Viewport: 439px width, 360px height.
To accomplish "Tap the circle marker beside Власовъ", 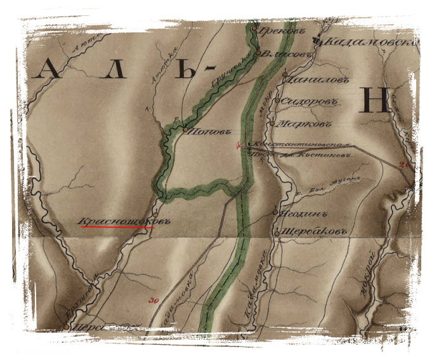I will click(x=259, y=54).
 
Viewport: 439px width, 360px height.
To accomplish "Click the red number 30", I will click(x=152, y=300).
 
